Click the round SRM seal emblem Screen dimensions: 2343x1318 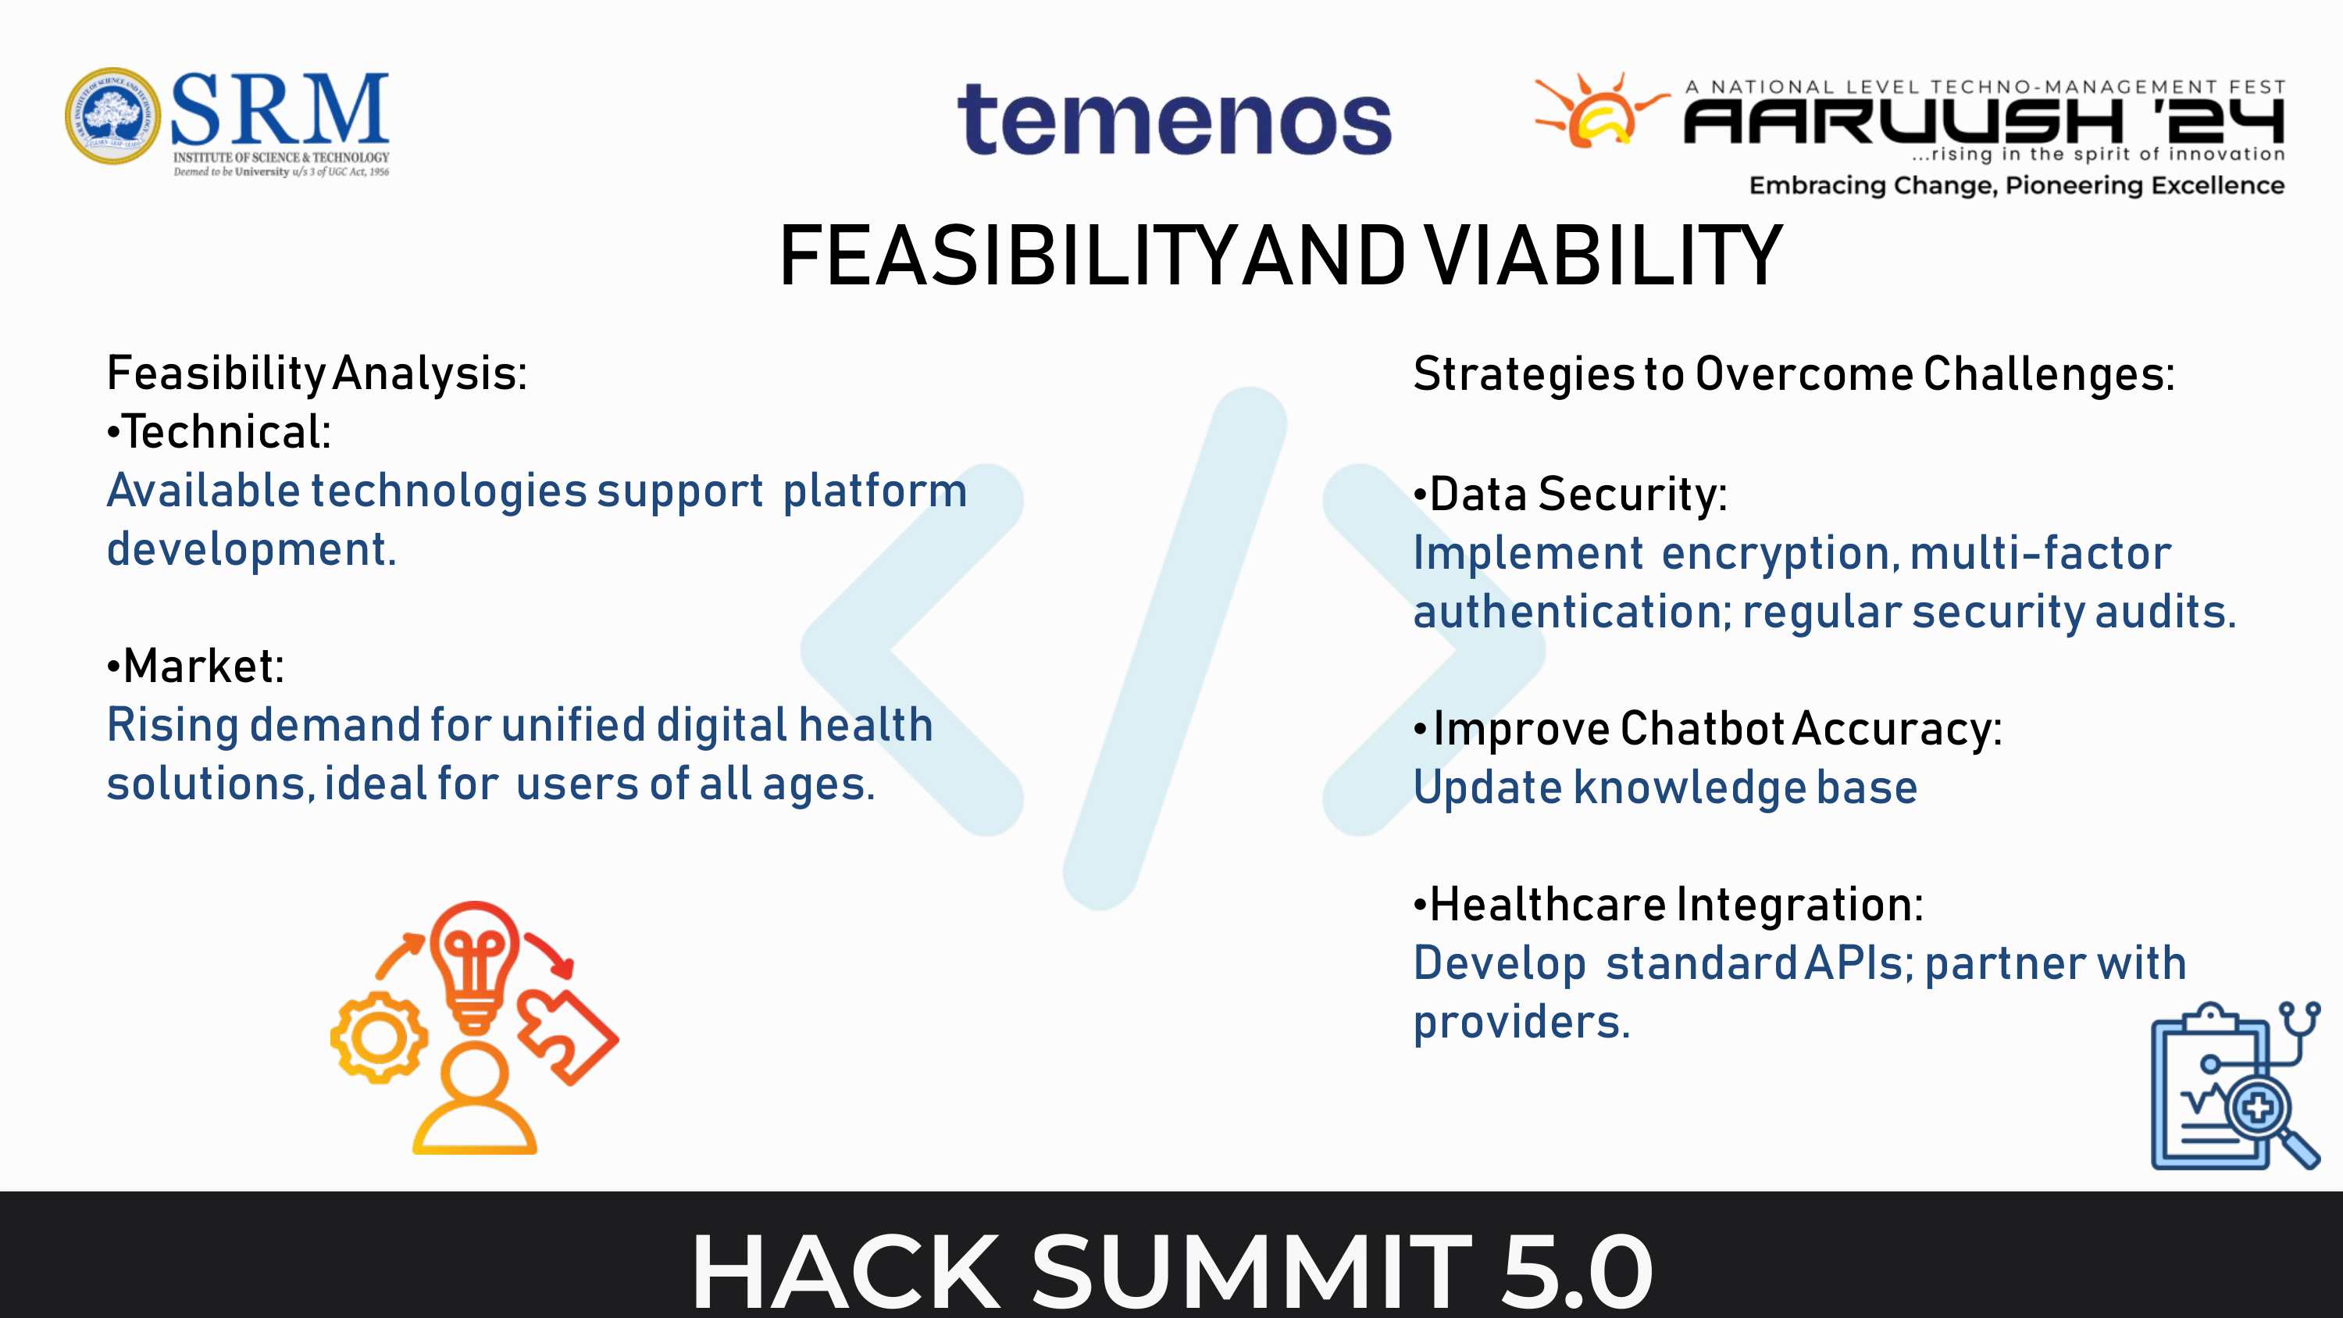112,116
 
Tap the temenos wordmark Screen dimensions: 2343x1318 1174,120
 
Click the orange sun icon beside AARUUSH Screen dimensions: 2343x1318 1599,111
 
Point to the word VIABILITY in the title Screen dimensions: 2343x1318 1603,256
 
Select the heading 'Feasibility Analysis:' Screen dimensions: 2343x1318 316,374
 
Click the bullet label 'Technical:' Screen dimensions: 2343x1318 219,432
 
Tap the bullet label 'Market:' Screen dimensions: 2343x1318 195,666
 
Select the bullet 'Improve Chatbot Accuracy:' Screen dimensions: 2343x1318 1708,730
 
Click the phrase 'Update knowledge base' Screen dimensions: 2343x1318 1665,788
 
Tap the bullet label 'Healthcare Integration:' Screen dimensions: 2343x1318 1668,905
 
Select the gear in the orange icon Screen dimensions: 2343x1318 380,1038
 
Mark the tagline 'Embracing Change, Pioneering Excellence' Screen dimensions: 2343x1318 2017,186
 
